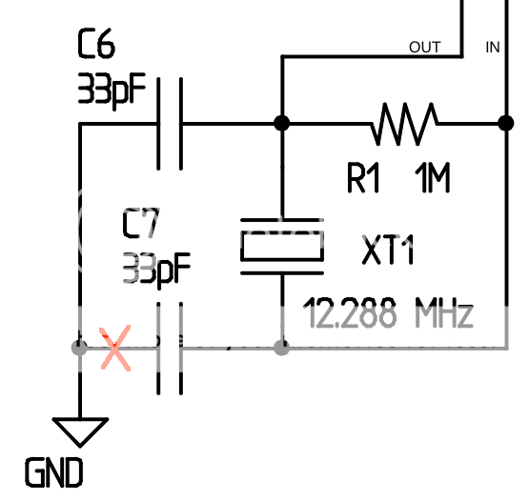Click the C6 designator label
(97, 45)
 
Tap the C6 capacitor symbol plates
(170, 123)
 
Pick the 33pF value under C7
(156, 269)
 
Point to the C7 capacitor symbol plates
(169, 348)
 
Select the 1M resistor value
(432, 178)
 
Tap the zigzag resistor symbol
(406, 123)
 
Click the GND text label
(52, 472)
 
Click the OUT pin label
(425, 47)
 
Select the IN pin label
(493, 47)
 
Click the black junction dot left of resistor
(281, 123)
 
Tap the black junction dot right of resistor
(504, 123)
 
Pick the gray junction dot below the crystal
(281, 348)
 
